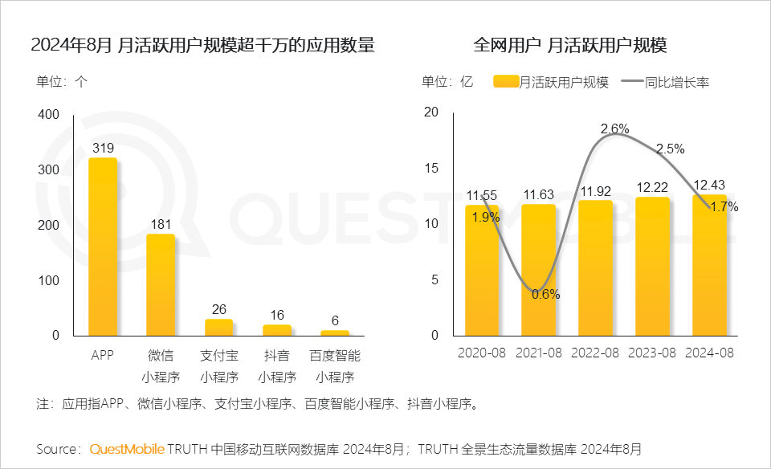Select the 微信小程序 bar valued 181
coord(160,284)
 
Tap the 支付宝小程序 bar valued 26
coord(218,327)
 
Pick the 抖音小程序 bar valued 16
coord(277,329)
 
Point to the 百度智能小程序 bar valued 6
coord(335,332)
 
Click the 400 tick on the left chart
coord(49,115)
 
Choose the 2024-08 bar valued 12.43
coord(709,264)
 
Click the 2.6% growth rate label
coord(614,128)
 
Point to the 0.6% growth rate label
coord(546,294)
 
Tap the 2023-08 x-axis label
coord(652,353)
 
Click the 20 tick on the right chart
coord(430,112)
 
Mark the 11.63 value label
coord(539,194)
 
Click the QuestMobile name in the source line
coord(127,448)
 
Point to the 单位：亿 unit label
coord(447,81)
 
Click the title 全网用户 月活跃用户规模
coord(570,45)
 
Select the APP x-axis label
coord(102,354)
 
